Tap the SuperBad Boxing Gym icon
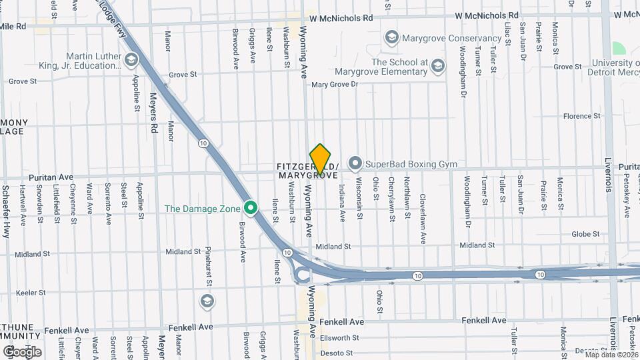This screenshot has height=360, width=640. [x=355, y=163]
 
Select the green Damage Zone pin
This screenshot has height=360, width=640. [x=251, y=208]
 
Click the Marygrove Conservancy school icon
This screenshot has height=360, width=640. [x=391, y=38]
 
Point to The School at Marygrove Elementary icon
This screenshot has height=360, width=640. [x=437, y=65]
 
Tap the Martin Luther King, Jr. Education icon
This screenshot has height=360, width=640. [x=131, y=61]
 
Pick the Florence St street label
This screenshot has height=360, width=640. [x=581, y=116]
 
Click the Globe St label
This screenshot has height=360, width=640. [x=585, y=235]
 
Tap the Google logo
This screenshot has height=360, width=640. [x=22, y=351]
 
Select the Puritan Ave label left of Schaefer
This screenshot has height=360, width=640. [x=50, y=177]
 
